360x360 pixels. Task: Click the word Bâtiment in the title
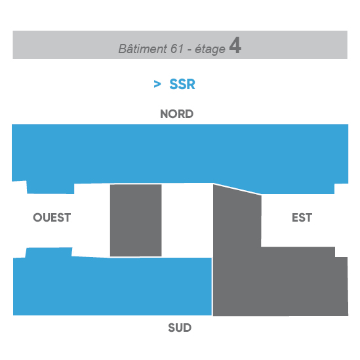[x=142, y=49]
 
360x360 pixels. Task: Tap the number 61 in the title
[x=177, y=49]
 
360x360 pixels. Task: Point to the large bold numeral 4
[x=235, y=45]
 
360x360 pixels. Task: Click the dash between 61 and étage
[x=190, y=50]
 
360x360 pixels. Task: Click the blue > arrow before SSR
[x=157, y=84]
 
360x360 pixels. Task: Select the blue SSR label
[x=182, y=84]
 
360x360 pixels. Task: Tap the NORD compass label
[x=177, y=114]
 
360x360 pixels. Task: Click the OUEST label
[x=52, y=218]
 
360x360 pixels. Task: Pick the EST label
[x=302, y=218]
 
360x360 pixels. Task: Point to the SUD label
[x=180, y=328]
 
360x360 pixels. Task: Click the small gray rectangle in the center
[x=136, y=220]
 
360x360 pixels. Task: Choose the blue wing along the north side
[x=180, y=154]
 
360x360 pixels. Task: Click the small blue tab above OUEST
[x=50, y=188]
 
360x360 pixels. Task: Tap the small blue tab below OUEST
[x=49, y=252]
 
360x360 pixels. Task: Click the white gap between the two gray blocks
[x=188, y=220]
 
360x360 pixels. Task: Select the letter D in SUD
[x=188, y=328]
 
